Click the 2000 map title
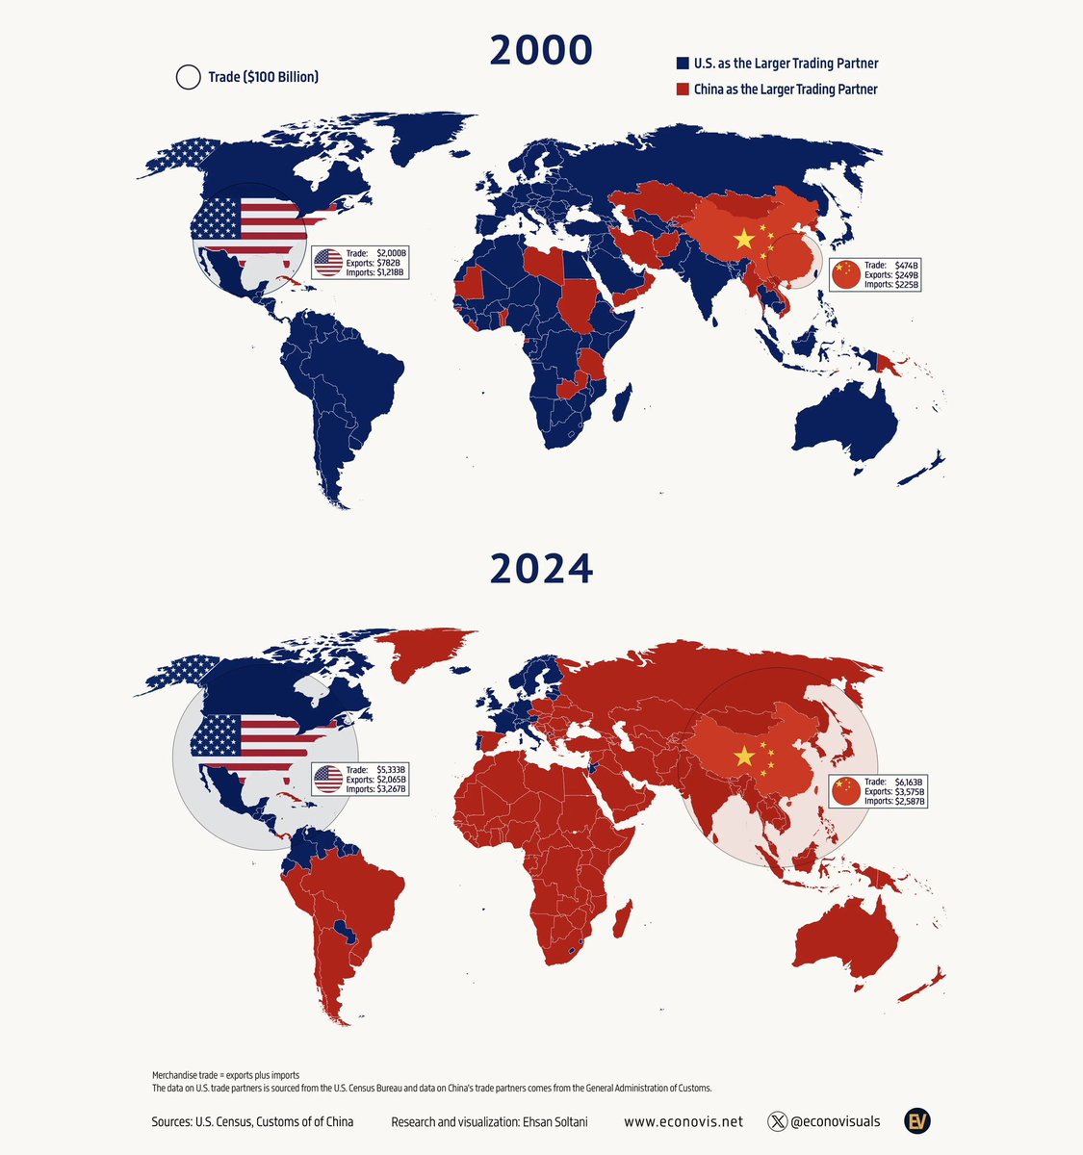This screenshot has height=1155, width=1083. click(x=541, y=50)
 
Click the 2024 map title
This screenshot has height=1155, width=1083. click(x=541, y=570)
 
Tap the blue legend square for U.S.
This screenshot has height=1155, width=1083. click(x=682, y=64)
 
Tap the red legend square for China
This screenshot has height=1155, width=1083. click(x=682, y=89)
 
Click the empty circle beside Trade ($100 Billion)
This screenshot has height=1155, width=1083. click(x=189, y=77)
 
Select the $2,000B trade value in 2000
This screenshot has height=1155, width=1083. click(x=392, y=252)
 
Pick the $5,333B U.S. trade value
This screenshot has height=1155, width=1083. click(x=392, y=769)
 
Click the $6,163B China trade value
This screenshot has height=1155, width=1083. click(x=906, y=781)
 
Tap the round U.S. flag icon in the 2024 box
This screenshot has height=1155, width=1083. click(x=328, y=779)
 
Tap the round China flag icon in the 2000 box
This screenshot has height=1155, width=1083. click(x=845, y=274)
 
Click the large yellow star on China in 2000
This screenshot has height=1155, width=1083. click(x=742, y=240)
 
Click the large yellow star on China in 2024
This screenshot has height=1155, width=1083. click(x=742, y=757)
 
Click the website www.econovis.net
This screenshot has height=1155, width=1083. click(x=683, y=1121)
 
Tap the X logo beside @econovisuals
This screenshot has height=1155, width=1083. click(x=778, y=1121)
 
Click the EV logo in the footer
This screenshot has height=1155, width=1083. click(x=917, y=1120)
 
